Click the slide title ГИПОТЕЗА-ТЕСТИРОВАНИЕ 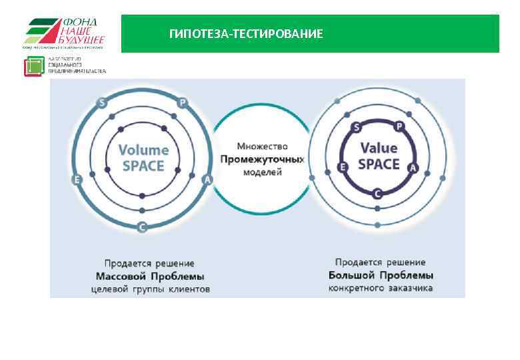246,34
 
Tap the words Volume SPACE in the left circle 143,157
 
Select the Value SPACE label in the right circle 379,156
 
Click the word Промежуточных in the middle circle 262,159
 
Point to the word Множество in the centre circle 262,146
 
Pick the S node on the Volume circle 102,103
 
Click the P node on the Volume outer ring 183,103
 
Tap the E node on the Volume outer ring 77,180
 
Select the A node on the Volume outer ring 207,180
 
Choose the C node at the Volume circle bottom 142,227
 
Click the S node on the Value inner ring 357,127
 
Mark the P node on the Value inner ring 399,126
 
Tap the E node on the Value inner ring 343,167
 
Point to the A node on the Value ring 413,167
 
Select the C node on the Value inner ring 377,194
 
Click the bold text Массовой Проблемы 150,276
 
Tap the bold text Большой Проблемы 381,275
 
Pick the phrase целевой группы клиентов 150,289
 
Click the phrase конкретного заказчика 381,288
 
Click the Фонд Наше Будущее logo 63,33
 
